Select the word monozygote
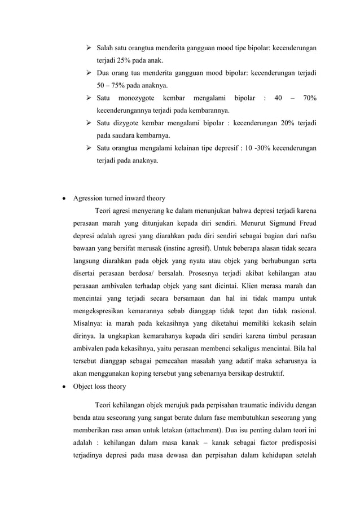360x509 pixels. coord(139,98)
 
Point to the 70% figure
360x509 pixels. coord(309,98)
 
